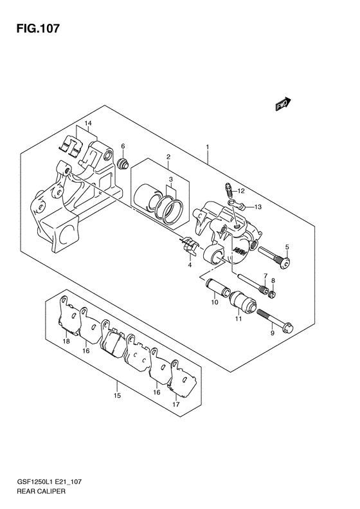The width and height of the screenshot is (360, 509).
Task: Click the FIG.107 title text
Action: (38, 28)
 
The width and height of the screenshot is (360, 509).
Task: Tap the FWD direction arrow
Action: (283, 104)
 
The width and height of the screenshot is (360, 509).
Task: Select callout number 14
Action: (88, 124)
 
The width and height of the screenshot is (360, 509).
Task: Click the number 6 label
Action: (123, 147)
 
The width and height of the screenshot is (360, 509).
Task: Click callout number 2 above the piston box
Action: (168, 157)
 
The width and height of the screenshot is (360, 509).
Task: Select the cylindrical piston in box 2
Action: (146, 198)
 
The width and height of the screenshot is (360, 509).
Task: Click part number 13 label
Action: (258, 207)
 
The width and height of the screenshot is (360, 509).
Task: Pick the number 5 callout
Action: (287, 247)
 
